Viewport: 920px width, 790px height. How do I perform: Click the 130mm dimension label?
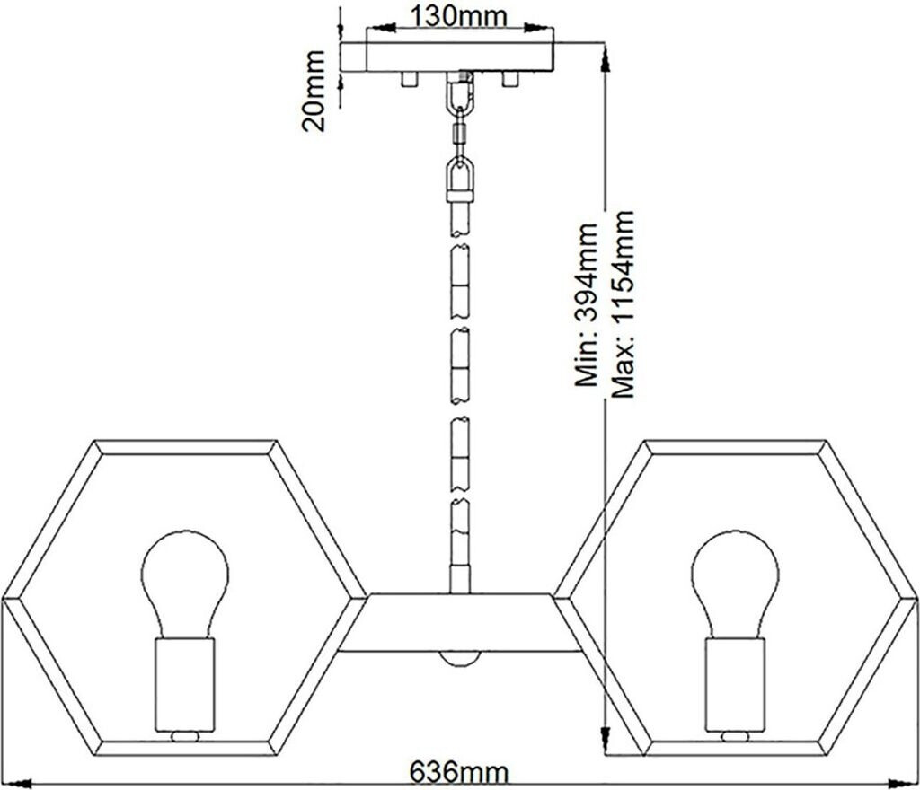tap(458, 15)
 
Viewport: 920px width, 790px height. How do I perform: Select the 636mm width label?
tap(458, 772)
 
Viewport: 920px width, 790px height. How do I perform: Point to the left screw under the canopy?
tap(409, 79)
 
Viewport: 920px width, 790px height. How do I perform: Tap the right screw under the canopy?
tap(510, 79)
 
